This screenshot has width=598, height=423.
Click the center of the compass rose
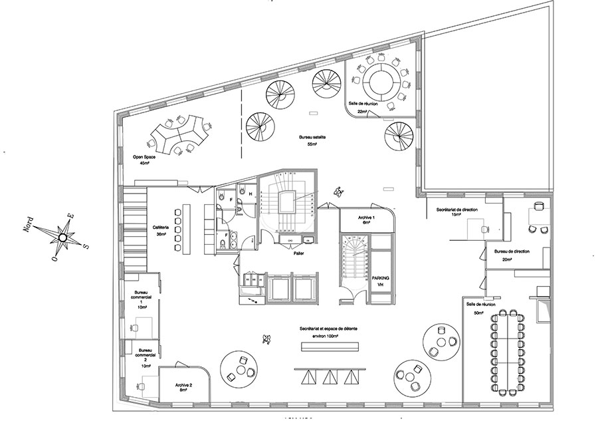[x=62, y=237]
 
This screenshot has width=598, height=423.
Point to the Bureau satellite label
[x=310, y=136]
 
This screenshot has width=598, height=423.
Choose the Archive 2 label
[x=184, y=386]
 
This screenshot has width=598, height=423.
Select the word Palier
[x=299, y=253]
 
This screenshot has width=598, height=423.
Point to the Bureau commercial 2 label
[x=145, y=355]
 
